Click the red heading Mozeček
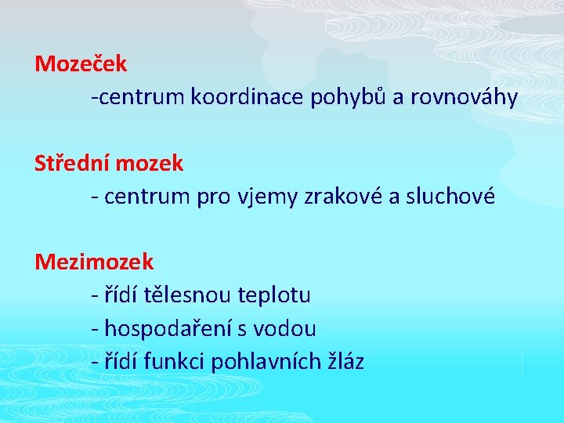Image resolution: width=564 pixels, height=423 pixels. pyautogui.click(x=81, y=62)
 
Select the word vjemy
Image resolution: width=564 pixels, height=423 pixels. pyautogui.click(x=264, y=197)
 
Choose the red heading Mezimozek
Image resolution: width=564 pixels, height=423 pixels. pyautogui.click(x=94, y=261)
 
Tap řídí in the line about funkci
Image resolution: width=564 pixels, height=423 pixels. pyautogui.click(x=120, y=362)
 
